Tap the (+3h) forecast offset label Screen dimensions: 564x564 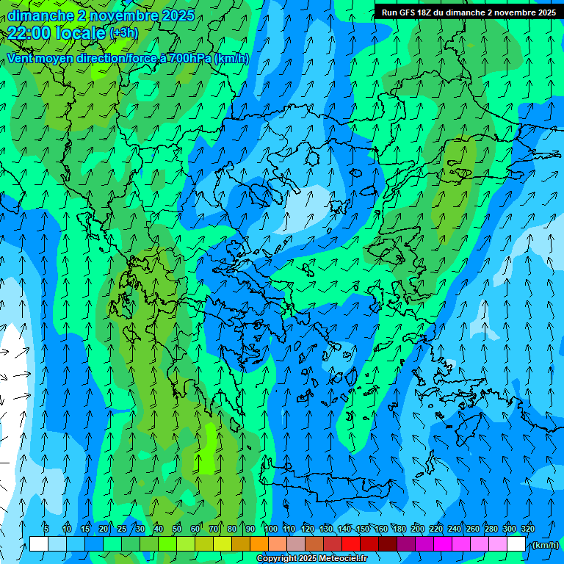click(123, 33)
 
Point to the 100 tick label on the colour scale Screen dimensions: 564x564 click(271, 529)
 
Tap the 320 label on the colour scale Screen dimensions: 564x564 click(527, 529)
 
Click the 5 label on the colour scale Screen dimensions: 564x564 click(46, 529)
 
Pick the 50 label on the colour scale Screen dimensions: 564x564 click(177, 529)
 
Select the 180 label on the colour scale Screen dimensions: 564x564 click(399, 529)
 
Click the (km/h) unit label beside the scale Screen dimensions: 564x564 click(544, 545)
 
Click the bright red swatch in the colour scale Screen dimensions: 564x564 click(351, 544)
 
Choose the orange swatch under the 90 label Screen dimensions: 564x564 click(259, 544)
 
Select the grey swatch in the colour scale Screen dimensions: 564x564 click(296, 544)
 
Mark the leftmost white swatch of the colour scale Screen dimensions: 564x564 click(39, 544)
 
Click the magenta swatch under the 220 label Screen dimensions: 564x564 click(443, 544)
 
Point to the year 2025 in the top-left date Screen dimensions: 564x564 click(178, 15)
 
